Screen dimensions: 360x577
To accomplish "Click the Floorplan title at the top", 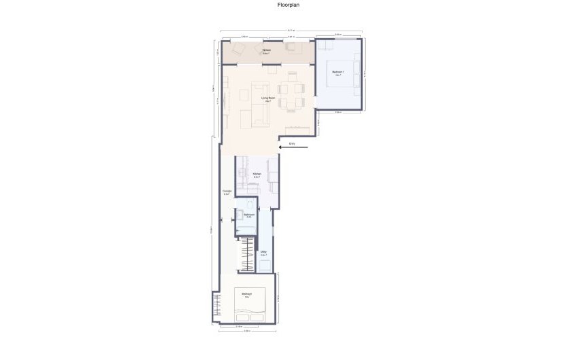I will [x=288, y=5].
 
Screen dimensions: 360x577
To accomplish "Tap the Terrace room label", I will [x=267, y=51].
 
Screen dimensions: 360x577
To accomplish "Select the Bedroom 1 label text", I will [x=338, y=73].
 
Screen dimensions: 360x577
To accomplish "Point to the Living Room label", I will [x=267, y=99].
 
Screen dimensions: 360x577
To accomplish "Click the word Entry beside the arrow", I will [x=291, y=144].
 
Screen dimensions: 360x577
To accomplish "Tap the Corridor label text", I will [x=227, y=192].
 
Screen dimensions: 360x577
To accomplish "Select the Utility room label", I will [x=263, y=253].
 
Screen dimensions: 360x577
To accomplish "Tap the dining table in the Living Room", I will [x=293, y=96].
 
